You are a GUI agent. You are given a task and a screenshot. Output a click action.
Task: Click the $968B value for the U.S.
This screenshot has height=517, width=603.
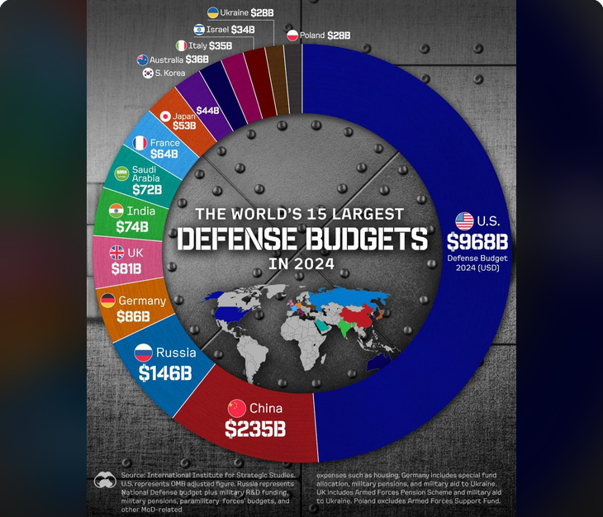pyautogui.click(x=478, y=241)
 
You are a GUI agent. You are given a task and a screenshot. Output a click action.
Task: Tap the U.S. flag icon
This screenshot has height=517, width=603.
pyautogui.click(x=464, y=221)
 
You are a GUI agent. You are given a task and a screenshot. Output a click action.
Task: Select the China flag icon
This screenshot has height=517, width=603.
pyautogui.click(x=236, y=408)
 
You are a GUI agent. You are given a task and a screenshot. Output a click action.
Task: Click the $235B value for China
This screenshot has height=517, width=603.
pyautogui.click(x=255, y=429)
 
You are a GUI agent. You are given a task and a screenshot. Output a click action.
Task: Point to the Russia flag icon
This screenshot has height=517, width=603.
pyautogui.click(x=144, y=353)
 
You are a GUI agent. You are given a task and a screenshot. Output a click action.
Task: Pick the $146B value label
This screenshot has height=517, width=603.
pyautogui.click(x=164, y=373)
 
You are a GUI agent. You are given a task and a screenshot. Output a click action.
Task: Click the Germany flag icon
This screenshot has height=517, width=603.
pyautogui.click(x=108, y=301)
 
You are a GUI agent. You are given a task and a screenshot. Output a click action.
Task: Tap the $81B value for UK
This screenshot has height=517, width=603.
pyautogui.click(x=126, y=268)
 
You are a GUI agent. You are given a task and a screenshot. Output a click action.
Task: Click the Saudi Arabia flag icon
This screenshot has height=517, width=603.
pyautogui.click(x=121, y=173)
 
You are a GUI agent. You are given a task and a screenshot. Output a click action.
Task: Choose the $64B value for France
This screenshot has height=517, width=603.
pyautogui.click(x=164, y=154)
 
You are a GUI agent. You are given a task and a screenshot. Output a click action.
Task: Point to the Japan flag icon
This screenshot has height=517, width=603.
pyautogui.click(x=165, y=116)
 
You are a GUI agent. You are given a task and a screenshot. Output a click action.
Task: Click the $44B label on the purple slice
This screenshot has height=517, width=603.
pyautogui.click(x=207, y=110)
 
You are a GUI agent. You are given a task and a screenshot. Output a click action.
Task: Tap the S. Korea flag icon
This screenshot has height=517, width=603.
pyautogui.click(x=148, y=74)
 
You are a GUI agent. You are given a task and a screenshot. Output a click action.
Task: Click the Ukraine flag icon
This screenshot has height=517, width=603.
pyautogui.click(x=213, y=12)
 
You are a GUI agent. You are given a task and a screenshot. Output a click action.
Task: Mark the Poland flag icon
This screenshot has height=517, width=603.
pyautogui.click(x=293, y=36)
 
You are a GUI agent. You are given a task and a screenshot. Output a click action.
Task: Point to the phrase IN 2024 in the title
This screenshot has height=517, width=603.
pyautogui.click(x=301, y=264)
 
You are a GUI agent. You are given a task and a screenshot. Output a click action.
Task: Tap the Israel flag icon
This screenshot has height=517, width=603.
pyautogui.click(x=199, y=29)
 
